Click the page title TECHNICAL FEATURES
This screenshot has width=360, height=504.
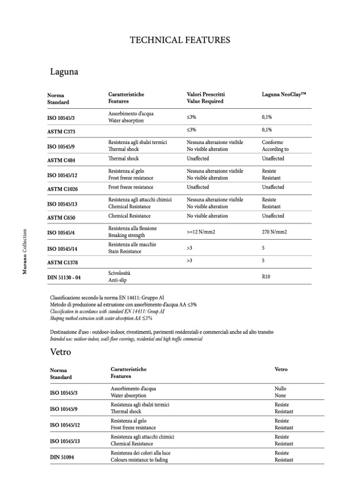(x=179, y=40)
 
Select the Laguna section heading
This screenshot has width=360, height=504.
(x=64, y=72)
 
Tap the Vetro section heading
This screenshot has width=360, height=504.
(x=60, y=352)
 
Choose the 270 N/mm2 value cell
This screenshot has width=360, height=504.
(x=274, y=231)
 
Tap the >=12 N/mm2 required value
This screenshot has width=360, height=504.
(x=205, y=231)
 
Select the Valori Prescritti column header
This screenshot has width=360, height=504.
(x=205, y=98)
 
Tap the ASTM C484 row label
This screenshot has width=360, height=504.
(x=62, y=159)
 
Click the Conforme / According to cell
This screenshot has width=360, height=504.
(x=275, y=146)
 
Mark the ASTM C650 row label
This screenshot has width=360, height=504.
(x=62, y=217)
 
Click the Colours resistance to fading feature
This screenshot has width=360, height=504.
(x=139, y=460)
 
